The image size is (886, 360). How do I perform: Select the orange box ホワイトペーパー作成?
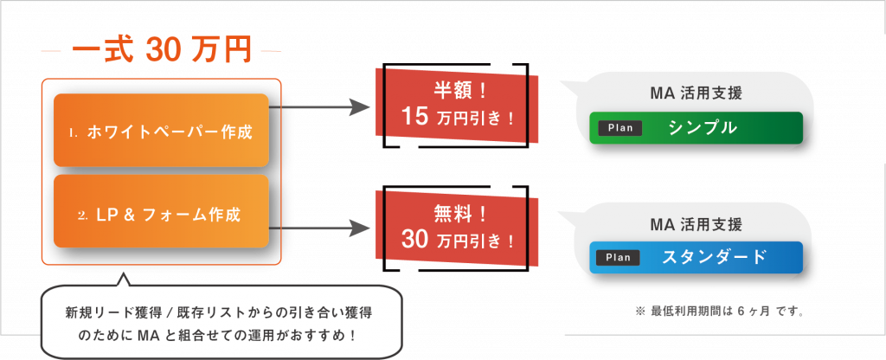coord(161,131)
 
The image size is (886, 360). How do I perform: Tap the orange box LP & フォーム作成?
coord(161,212)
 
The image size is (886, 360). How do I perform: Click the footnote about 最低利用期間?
coord(719,310)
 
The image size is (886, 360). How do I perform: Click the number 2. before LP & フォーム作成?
coord(83,214)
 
